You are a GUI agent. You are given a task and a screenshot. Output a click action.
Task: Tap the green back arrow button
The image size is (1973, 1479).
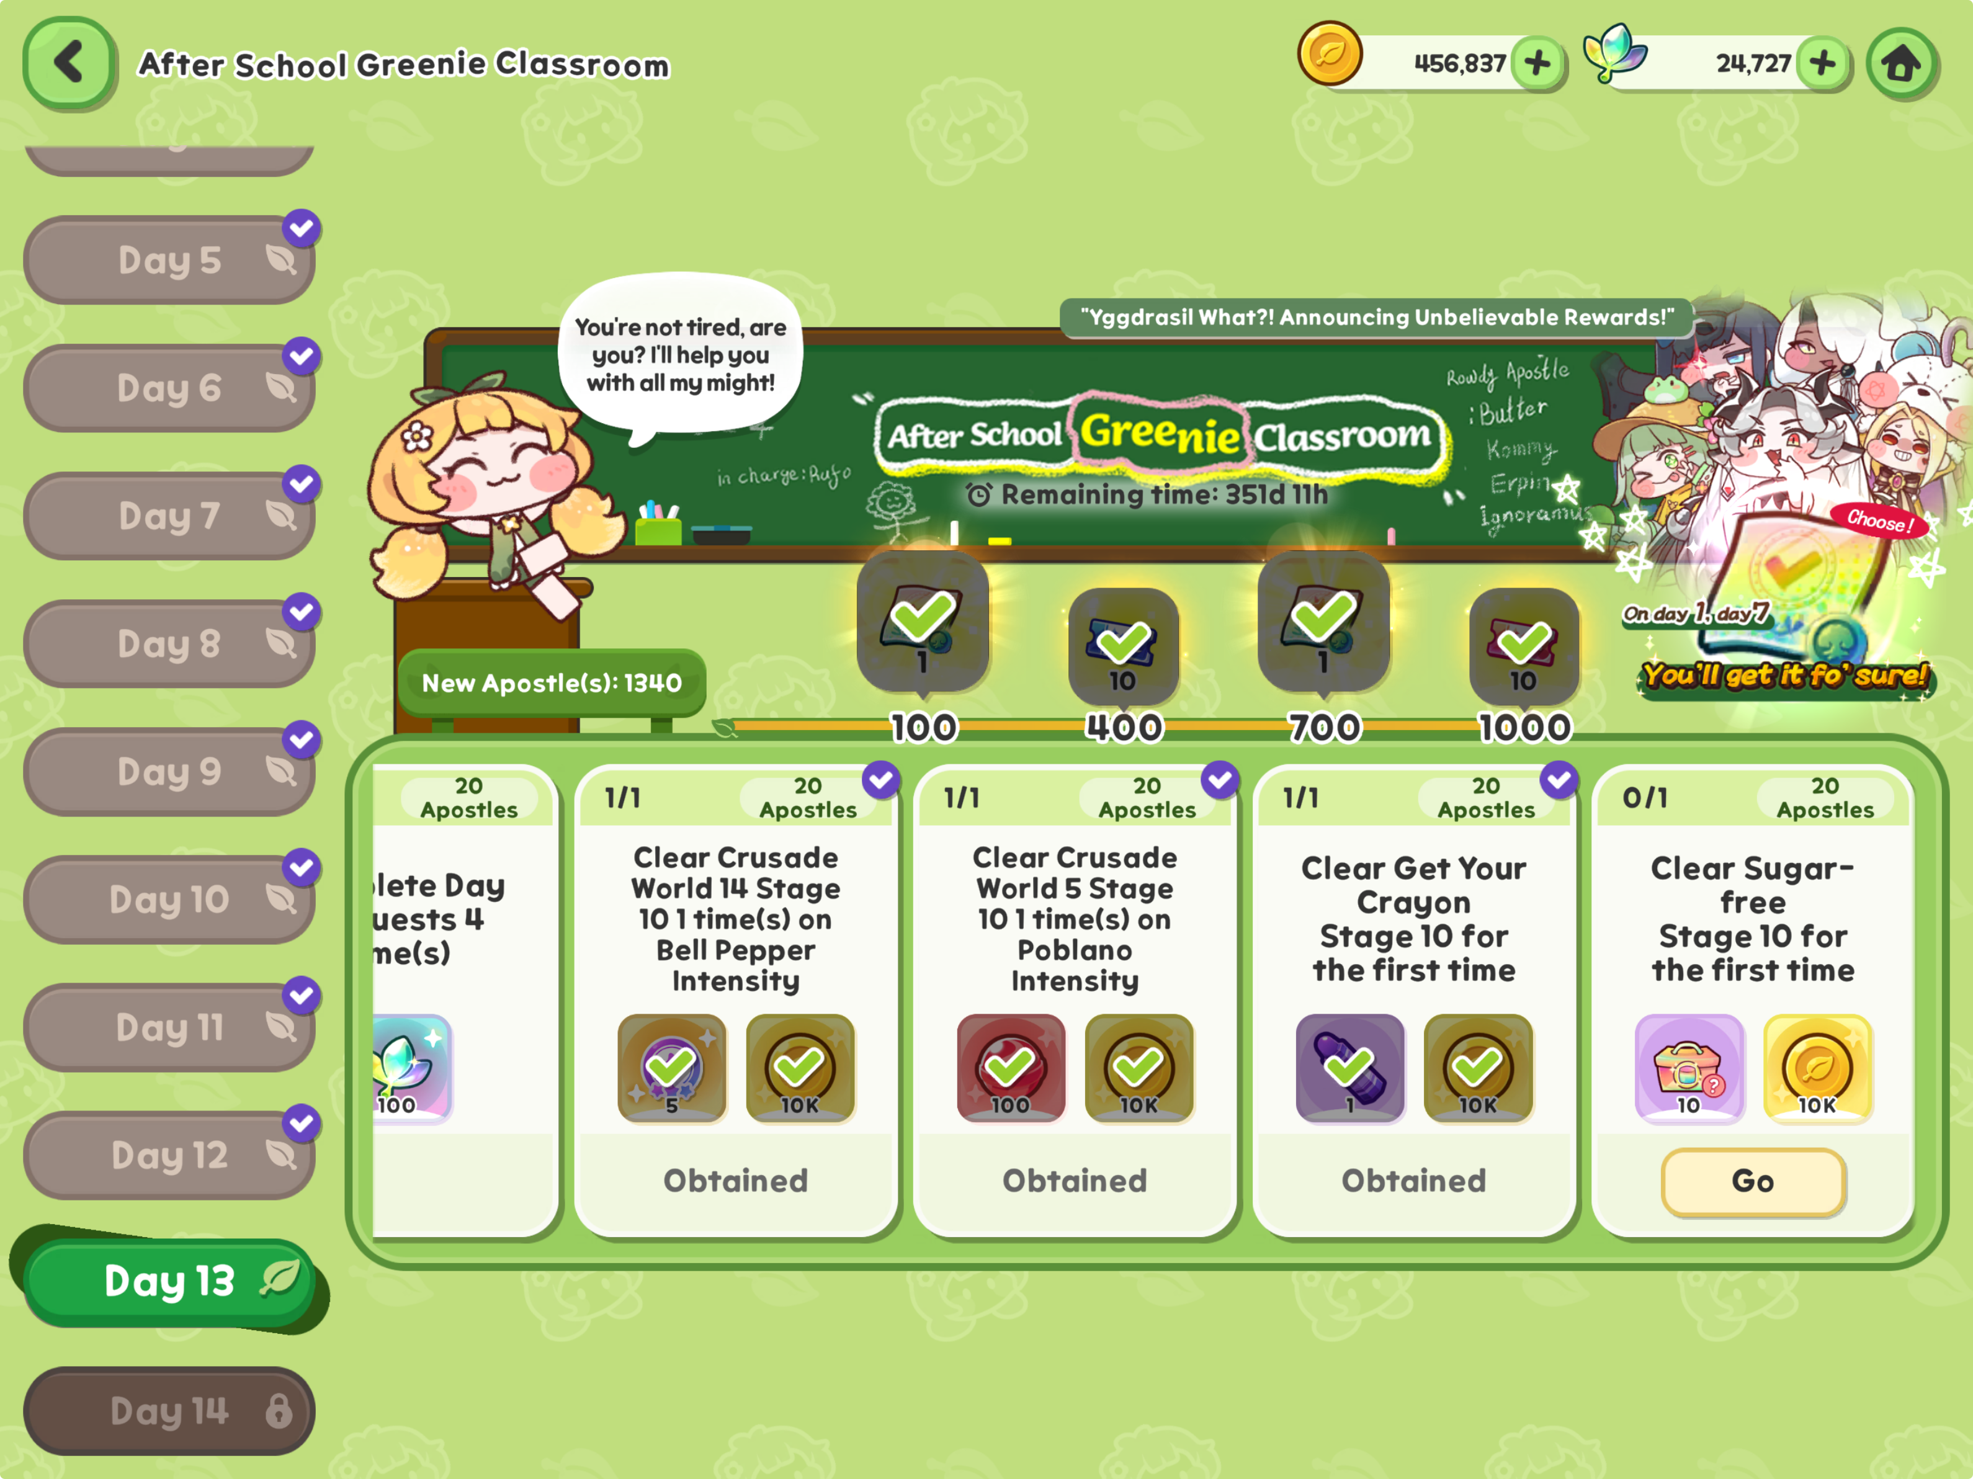point(69,63)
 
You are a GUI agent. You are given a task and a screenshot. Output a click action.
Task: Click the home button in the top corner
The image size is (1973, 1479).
point(1901,63)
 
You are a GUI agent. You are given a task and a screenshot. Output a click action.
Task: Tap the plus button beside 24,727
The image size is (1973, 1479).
point(1823,63)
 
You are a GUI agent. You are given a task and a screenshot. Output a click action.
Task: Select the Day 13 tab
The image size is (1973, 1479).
point(169,1281)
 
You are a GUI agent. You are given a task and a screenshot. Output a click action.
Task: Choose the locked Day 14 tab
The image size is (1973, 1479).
point(169,1411)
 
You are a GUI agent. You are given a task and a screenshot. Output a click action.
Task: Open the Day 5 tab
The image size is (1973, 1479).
point(169,261)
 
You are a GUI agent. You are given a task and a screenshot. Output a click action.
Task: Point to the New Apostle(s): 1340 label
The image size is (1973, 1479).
point(551,683)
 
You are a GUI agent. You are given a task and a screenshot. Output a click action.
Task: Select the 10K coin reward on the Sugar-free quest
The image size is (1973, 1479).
point(1816,1068)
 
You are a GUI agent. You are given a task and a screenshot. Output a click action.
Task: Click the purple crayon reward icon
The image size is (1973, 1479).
point(1349,1068)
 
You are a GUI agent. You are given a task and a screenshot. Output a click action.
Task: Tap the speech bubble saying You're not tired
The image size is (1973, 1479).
point(681,355)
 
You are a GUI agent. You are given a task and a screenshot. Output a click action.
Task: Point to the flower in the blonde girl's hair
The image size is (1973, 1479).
point(416,436)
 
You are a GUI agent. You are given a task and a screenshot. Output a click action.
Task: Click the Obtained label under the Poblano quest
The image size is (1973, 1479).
point(1074,1181)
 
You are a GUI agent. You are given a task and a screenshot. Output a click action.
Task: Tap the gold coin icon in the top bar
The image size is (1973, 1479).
point(1329,55)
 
